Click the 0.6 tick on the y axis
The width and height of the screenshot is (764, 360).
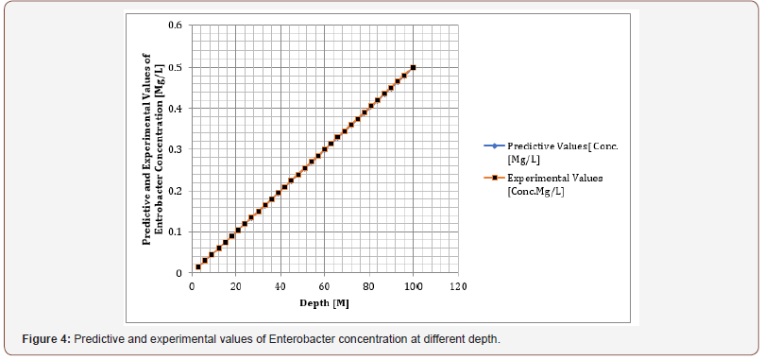pyautogui.click(x=175, y=25)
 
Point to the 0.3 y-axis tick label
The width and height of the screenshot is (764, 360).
pyautogui.click(x=175, y=149)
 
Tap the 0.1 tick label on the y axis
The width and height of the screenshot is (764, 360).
pyautogui.click(x=175, y=231)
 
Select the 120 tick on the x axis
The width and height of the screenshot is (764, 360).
pyautogui.click(x=457, y=285)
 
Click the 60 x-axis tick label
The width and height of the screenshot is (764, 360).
pyautogui.click(x=325, y=285)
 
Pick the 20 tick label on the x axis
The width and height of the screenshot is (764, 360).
pyautogui.click(x=236, y=285)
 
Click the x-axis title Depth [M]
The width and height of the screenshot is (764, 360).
pyautogui.click(x=326, y=302)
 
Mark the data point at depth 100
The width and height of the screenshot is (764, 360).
pyautogui.click(x=414, y=67)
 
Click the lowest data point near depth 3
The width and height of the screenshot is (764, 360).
pyautogui.click(x=198, y=267)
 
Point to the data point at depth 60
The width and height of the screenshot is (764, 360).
pyautogui.click(x=325, y=149)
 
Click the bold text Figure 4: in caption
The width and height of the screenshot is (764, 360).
pyautogui.click(x=46, y=337)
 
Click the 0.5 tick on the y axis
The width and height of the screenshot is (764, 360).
pyautogui.click(x=175, y=66)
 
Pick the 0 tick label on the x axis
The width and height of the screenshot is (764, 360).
pyautogui.click(x=192, y=285)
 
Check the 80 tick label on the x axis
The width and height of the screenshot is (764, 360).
pyautogui.click(x=369, y=285)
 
